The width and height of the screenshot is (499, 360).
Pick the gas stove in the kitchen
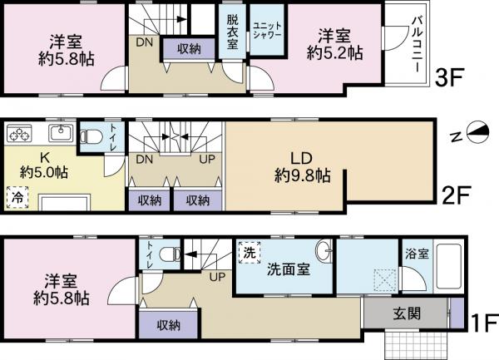(x=21, y=134)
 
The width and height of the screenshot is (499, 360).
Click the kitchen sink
(x=60, y=134)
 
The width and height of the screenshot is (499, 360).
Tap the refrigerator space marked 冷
(x=16, y=198)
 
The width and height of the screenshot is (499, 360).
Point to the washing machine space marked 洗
(x=249, y=250)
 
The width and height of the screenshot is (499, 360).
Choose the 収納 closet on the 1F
(x=169, y=324)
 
